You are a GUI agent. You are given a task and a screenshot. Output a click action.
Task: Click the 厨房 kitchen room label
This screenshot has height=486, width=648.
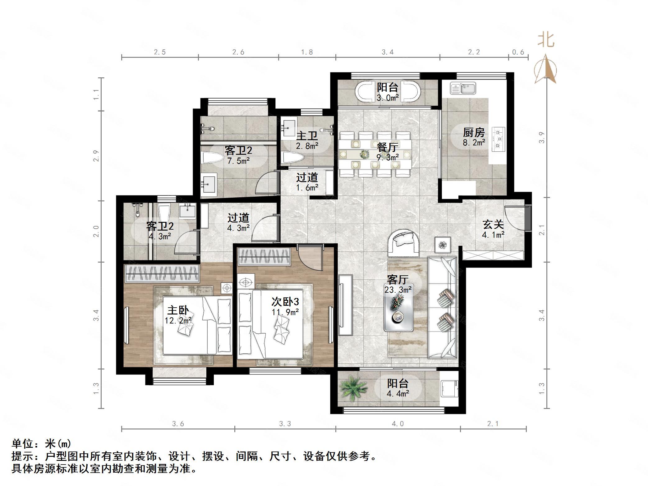pos(474,133)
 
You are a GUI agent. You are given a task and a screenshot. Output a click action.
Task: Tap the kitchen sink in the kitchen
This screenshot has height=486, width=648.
pos(463,88)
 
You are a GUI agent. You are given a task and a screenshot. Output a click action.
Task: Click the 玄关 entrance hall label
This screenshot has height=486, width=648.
pos(493,225)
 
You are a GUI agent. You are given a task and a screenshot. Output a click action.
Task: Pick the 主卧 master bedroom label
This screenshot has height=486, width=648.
pos(178,310)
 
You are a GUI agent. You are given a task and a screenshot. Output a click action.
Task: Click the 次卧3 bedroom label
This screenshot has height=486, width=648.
pos(285,301)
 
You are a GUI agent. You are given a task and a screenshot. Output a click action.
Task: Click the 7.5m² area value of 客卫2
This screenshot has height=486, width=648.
pos(239,161)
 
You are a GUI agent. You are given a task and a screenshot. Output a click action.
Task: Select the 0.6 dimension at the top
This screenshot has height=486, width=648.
pos(518,52)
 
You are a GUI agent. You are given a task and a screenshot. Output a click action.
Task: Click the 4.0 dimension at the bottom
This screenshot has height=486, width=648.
pos(398,424)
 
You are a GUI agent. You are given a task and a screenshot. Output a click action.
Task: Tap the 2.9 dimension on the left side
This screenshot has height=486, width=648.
pos(96,156)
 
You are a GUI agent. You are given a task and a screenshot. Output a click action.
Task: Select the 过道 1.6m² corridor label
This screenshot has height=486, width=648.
pos(307,182)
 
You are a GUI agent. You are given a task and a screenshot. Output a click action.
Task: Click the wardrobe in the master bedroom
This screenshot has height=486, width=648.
pos(162,273)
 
